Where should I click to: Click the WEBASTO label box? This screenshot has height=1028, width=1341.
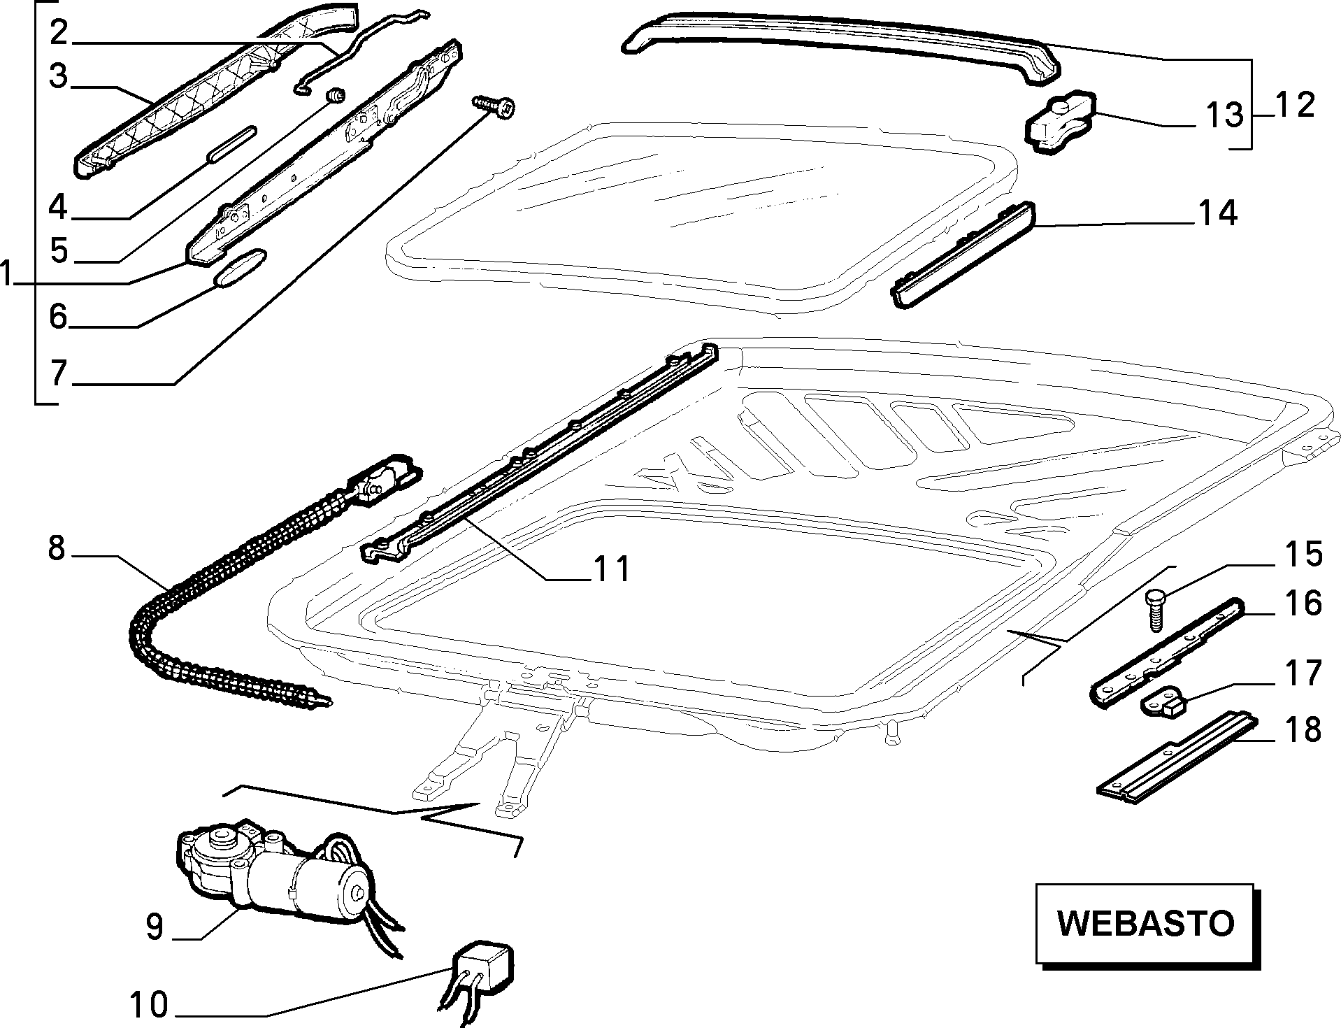[1147, 924]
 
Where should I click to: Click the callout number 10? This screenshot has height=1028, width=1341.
[149, 1006]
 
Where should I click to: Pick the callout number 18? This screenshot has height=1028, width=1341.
[1303, 729]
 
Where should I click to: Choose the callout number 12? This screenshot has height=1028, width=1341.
[1293, 105]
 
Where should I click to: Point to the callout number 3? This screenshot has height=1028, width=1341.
[58, 76]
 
